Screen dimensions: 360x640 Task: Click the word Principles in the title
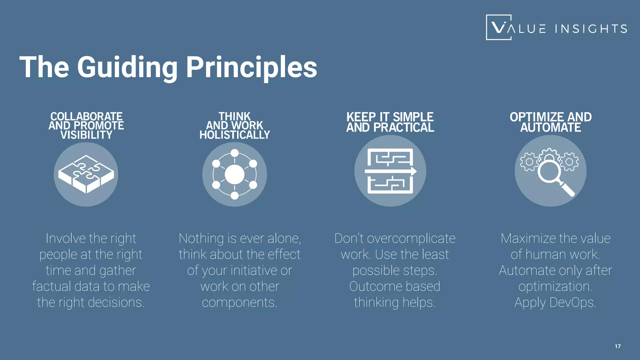[252, 67]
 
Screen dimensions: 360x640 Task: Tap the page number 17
[617, 346]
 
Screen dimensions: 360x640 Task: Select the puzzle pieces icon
[86, 174]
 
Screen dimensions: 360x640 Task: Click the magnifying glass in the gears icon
[550, 172]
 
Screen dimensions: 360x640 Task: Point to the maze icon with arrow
[390, 171]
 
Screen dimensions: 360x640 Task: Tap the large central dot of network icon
[234, 174]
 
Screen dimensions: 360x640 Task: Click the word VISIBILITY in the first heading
[86, 135]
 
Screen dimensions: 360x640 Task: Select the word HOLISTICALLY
[235, 135]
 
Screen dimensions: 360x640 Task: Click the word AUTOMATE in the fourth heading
[551, 127]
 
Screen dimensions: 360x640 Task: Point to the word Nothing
[201, 238]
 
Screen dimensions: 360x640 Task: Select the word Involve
[66, 238]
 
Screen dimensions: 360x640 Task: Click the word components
[239, 302]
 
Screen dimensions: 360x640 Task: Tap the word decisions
[116, 302]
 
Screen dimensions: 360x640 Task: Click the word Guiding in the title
[127, 67]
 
